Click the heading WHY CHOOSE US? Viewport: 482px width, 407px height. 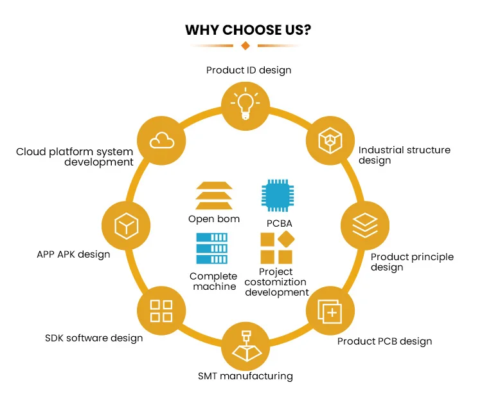[245, 30]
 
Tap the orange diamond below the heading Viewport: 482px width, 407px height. [245, 46]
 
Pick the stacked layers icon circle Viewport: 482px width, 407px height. [364, 225]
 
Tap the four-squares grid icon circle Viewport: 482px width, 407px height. [161, 310]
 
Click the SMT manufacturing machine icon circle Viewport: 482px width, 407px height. [245, 345]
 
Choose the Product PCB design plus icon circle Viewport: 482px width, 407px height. [330, 312]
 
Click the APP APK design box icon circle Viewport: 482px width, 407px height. [125, 225]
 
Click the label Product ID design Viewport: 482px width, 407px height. [249, 70]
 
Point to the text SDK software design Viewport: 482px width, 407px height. [94, 338]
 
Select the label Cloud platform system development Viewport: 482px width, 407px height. [75, 157]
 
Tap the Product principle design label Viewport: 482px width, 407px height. [412, 261]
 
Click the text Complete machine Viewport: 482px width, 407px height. [213, 281]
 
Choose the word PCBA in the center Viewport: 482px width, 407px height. [278, 223]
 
